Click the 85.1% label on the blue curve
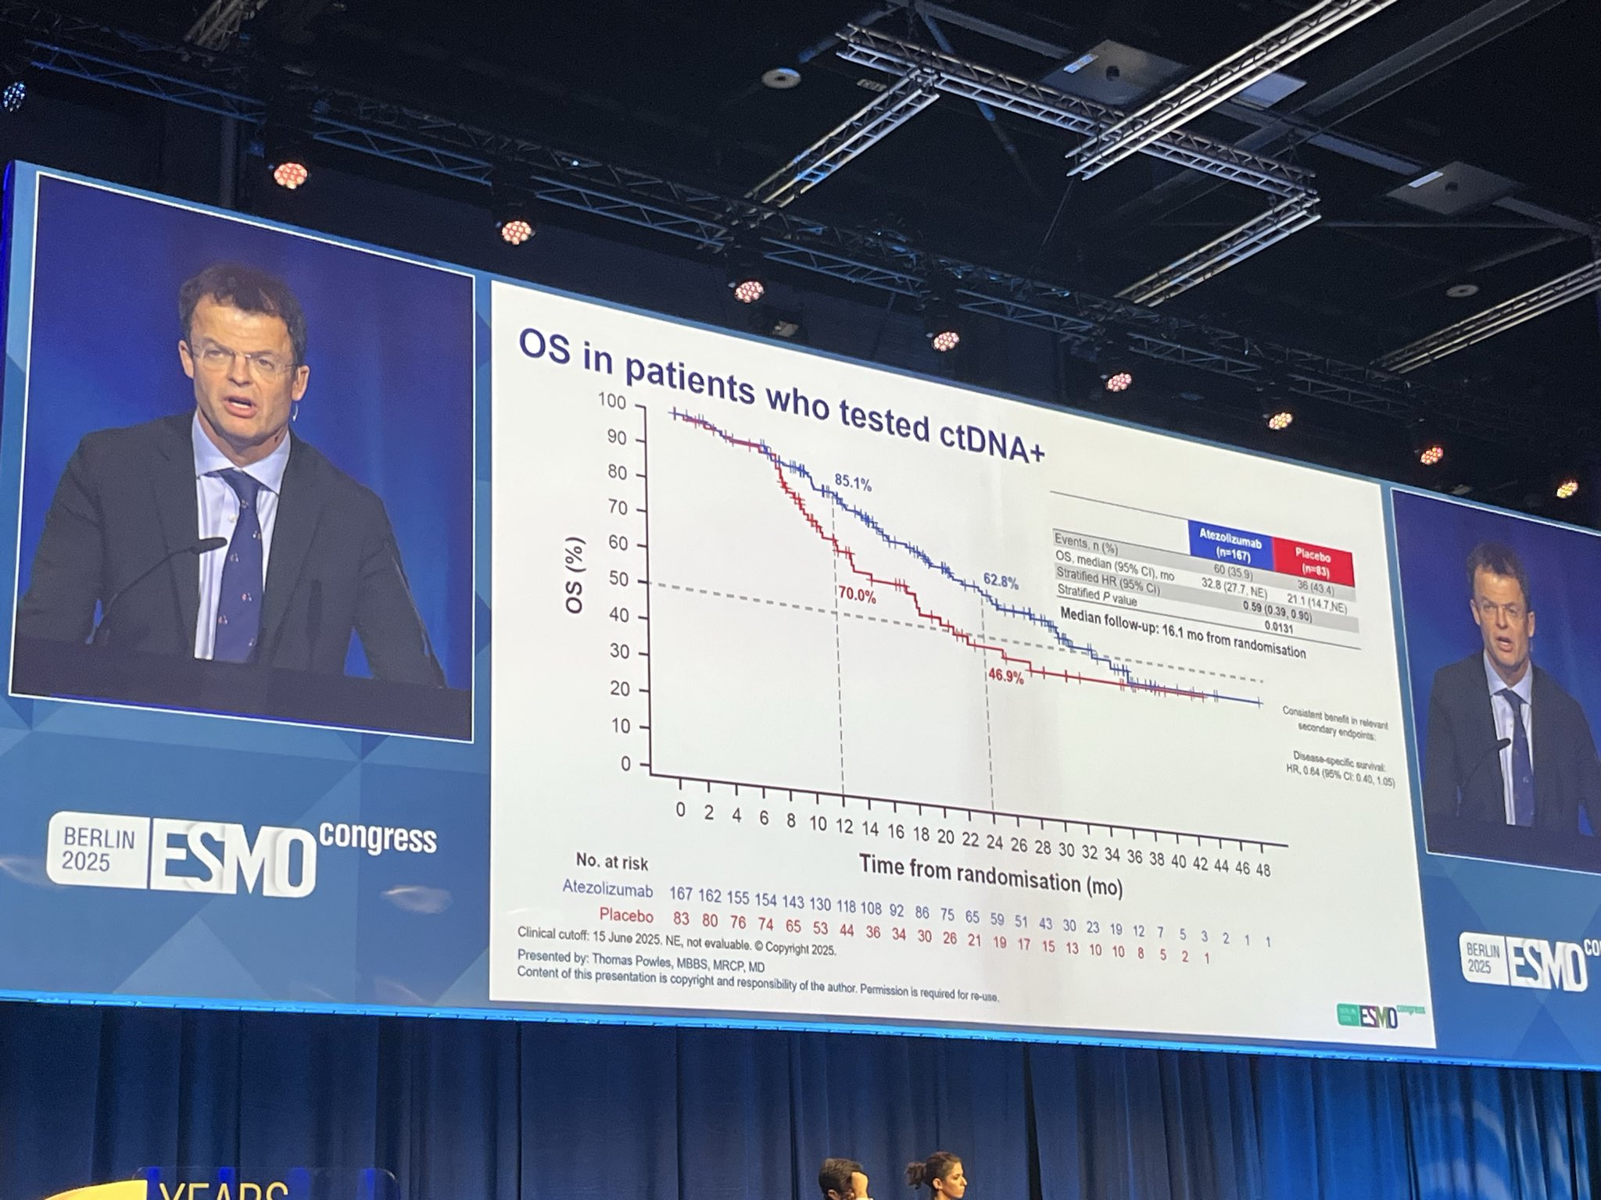(852, 484)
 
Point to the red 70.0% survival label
(856, 592)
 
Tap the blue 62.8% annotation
(1001, 582)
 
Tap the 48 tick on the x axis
(1263, 869)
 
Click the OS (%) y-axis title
(576, 575)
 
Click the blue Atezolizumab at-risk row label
(607, 888)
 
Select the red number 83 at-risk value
(681, 916)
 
